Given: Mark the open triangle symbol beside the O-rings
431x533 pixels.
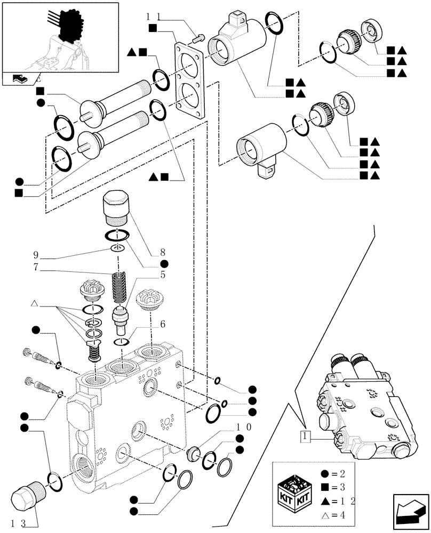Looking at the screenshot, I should point(34,304).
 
